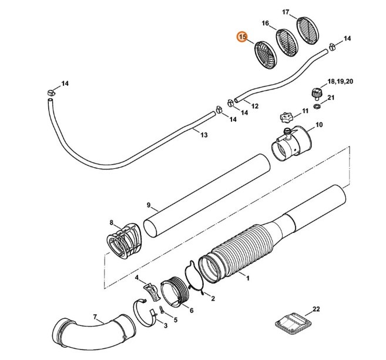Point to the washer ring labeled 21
pos(318,107)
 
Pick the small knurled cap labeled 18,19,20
pos(318,93)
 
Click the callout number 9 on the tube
pos(149,205)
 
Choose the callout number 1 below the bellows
pos(247,277)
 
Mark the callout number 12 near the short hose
pos(254,106)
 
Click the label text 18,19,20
pos(340,81)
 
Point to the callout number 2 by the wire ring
pos(212,298)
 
